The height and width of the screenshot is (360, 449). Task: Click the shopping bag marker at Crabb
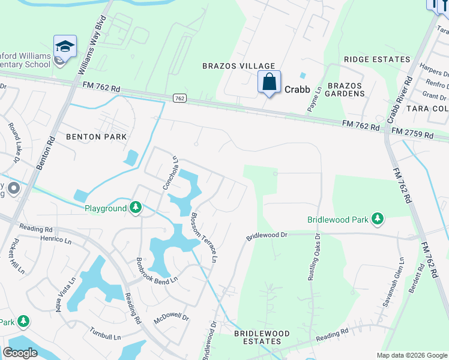(x=270, y=82)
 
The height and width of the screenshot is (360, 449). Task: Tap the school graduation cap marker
(x=65, y=46)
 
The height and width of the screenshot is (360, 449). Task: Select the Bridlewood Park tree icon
(x=378, y=220)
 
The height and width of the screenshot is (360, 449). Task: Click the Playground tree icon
(x=136, y=208)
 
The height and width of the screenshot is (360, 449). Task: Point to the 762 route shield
(x=179, y=97)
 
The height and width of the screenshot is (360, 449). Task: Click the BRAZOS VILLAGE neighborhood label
(x=238, y=66)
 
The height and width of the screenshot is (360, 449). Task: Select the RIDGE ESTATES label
(x=377, y=60)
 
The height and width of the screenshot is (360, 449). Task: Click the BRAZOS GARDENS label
(x=346, y=89)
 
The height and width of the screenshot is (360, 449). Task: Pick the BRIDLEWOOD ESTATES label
(x=261, y=337)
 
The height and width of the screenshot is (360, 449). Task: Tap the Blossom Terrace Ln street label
(x=203, y=238)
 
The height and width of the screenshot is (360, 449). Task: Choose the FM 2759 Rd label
(x=412, y=133)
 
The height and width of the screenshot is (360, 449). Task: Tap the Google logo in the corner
(x=20, y=353)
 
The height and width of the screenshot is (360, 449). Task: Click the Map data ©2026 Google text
(x=412, y=355)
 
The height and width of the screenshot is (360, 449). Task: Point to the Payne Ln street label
(x=315, y=99)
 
